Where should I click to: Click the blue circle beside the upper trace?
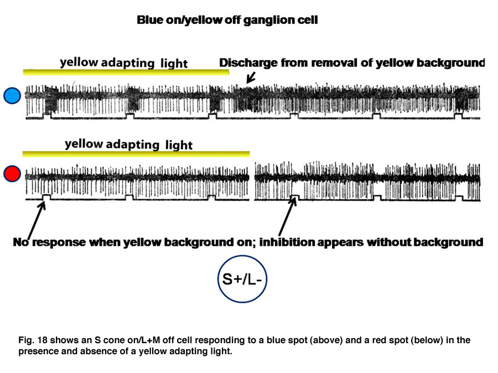(12, 96)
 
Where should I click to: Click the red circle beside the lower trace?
(12, 174)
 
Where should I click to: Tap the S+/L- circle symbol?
(242, 279)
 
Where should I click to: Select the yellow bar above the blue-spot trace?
(126, 72)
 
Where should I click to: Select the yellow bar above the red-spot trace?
(136, 154)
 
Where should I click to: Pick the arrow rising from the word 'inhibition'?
(287, 216)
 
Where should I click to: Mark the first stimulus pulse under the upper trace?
(48, 116)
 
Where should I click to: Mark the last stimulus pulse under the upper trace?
(458, 116)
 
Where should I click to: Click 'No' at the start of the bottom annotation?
(21, 243)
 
